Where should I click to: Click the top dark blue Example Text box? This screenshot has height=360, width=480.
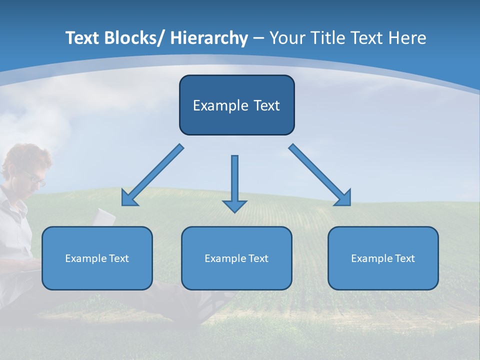click(236, 105)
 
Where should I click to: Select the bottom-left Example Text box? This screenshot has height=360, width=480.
click(97, 258)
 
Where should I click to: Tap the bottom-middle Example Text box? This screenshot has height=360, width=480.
click(236, 258)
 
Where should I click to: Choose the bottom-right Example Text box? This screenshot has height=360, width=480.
click(383, 258)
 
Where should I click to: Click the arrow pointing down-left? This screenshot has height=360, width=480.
click(152, 175)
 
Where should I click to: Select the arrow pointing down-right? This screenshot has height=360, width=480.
click(320, 175)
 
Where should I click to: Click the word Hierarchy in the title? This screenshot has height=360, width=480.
click(209, 38)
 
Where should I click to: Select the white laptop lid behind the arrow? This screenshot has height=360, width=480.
click(105, 216)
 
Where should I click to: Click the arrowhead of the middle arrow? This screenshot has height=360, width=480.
click(234, 205)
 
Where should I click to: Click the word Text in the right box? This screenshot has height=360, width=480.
click(404, 258)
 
